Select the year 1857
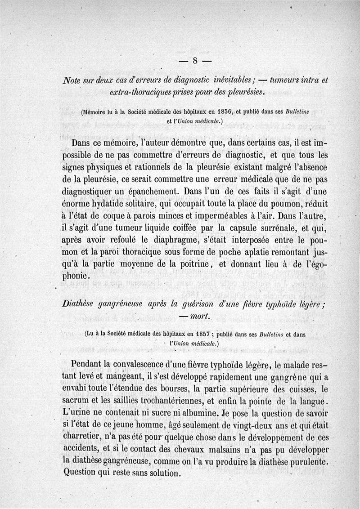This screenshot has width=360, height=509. click(x=207, y=334)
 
